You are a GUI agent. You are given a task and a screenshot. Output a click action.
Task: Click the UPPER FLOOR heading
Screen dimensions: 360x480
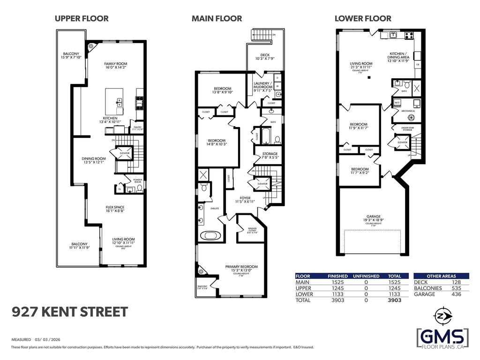pyautogui.click(x=82, y=19)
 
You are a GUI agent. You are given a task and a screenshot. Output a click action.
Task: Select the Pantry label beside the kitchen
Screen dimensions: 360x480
pyautogui.click(x=137, y=127)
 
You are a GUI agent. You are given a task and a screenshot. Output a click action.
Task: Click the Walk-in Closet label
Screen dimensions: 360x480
pyautogui.click(x=252, y=231)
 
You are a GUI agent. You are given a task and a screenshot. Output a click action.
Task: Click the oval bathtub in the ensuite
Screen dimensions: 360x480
pyautogui.click(x=209, y=235)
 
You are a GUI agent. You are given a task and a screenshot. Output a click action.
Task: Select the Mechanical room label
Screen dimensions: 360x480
pyautogui.click(x=408, y=111)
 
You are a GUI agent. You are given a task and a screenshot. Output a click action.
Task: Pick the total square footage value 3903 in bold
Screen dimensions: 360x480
pyautogui.click(x=395, y=300)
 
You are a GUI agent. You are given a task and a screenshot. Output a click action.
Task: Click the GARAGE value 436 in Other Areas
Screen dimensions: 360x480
pyautogui.click(x=456, y=294)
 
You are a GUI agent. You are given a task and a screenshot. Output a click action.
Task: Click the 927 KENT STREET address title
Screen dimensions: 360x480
pyautogui.click(x=70, y=312)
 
